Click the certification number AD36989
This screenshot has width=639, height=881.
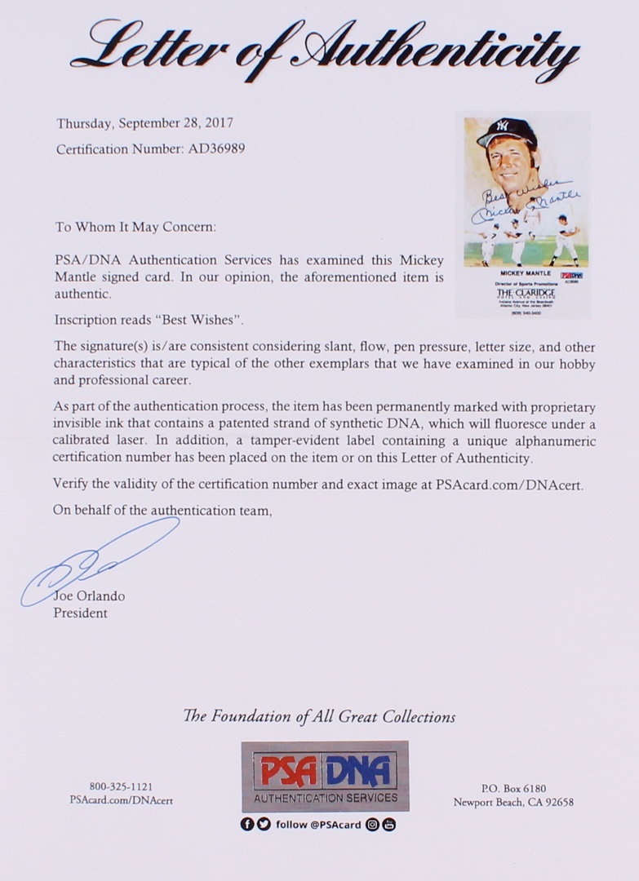pos(215,149)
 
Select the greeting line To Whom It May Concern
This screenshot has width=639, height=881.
pos(135,227)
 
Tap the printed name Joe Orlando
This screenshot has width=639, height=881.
pos(89,596)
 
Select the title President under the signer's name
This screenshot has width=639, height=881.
pos(80,613)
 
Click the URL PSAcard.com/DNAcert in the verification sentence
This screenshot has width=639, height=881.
pos(509,484)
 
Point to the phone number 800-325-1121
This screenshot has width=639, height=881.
pos(121,786)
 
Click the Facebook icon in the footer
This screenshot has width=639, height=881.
pos(247,824)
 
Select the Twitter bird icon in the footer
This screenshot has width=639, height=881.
pos(264,824)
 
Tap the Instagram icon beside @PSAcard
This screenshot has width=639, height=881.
pos(372,824)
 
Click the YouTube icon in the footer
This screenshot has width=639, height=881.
pos(388,824)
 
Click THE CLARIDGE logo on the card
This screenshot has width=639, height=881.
pos(521,290)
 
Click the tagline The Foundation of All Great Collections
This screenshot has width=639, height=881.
pos(319,716)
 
